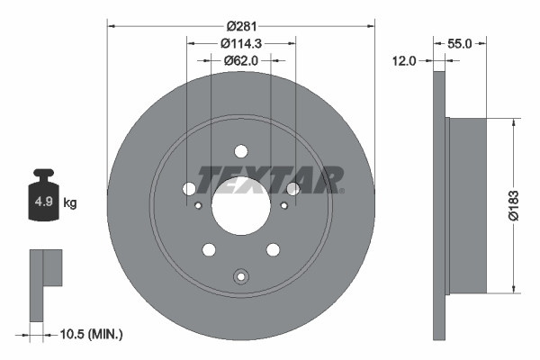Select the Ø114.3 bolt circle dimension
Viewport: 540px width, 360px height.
[241, 42]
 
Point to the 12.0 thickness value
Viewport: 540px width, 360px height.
[404, 60]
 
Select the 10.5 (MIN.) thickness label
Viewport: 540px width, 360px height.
[91, 334]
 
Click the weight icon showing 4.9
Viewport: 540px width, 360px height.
[44, 199]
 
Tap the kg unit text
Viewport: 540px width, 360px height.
[70, 203]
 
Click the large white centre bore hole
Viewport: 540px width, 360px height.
[240, 205]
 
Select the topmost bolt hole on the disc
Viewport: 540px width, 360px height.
[240, 151]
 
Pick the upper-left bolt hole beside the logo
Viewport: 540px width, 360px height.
[189, 188]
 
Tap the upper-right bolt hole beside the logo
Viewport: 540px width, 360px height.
[292, 188]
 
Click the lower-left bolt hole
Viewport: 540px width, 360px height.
[209, 249]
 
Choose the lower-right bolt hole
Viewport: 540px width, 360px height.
[273, 249]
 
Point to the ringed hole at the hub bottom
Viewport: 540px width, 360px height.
[240, 277]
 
